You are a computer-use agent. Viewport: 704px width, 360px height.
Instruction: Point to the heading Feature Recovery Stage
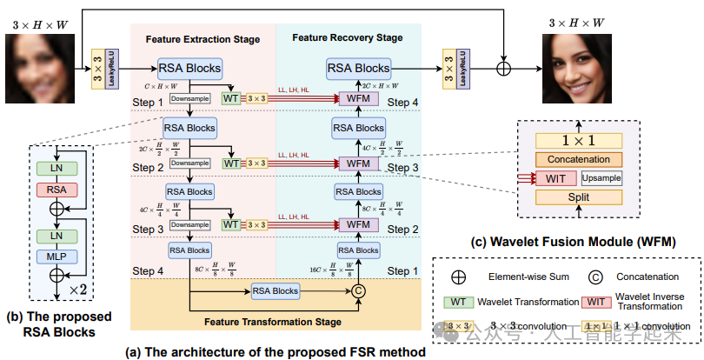(x=347, y=38)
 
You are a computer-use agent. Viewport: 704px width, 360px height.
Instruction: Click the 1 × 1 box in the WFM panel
(x=578, y=141)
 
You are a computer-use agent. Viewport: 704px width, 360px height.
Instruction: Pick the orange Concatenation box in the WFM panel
(x=578, y=159)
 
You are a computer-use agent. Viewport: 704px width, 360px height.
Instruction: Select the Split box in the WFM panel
(x=578, y=198)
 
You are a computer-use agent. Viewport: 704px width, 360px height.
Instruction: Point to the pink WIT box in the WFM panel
(x=555, y=179)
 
